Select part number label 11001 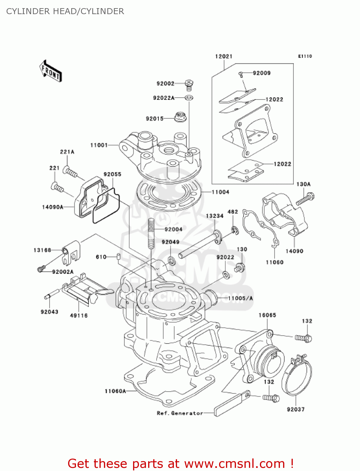(99, 145)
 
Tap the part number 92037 (296, 409)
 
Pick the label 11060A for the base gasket (115, 391)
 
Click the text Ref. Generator (180, 413)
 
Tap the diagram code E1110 (305, 56)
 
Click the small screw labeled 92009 (241, 74)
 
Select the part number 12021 (223, 56)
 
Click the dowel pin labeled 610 (119, 257)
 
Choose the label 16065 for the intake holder (267, 315)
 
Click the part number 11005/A (240, 298)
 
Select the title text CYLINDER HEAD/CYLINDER (65, 11)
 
